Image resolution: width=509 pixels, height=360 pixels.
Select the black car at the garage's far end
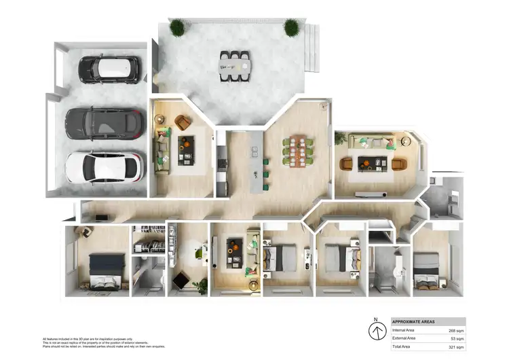[x=109, y=68]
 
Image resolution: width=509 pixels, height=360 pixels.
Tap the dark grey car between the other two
[x=105, y=124]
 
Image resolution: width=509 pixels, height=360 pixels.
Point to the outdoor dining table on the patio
[x=235, y=65]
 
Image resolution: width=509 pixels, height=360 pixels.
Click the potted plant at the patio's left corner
[x=177, y=28]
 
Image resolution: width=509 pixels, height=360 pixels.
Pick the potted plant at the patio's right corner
[x=291, y=28]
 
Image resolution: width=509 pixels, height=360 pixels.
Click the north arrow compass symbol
[x=375, y=331]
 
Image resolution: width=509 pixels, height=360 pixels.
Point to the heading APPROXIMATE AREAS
[x=414, y=322]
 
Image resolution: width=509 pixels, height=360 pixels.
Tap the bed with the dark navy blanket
[x=107, y=268]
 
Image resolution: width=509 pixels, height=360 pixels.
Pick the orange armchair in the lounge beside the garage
[x=183, y=122]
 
